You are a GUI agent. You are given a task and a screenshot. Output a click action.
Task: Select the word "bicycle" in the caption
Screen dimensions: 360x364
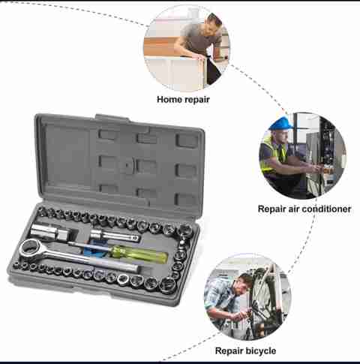tap(261, 350)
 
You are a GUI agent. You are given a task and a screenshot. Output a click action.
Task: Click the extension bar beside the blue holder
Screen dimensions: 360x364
tap(115, 236)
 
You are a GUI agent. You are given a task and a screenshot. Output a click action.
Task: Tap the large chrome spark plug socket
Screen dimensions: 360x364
tap(50, 232)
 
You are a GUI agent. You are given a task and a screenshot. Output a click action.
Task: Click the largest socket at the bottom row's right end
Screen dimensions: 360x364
tap(167, 285)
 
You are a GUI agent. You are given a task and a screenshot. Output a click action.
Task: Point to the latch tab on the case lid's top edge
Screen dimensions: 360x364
tap(112, 118)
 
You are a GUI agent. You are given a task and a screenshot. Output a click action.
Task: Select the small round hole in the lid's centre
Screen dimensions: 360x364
tap(127, 165)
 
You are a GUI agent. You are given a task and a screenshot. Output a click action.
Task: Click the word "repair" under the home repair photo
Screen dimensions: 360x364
tap(196, 100)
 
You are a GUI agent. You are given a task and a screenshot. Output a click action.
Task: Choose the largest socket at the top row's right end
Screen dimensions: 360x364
tap(185, 230)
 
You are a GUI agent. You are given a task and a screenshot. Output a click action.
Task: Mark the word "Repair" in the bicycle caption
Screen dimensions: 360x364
tap(229, 350)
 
